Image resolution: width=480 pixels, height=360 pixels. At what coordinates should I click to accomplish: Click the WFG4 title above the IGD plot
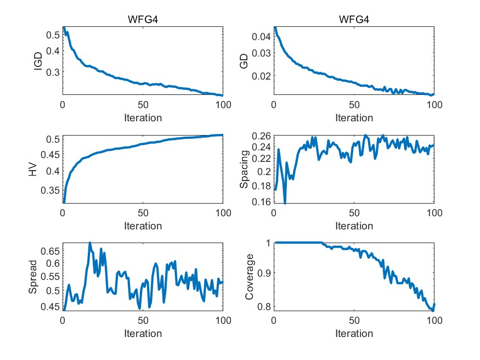pos(143,21)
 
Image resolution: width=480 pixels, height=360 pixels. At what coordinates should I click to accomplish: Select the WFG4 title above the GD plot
pos(354,21)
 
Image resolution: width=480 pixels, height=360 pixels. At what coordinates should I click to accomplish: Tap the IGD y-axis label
pos(38,61)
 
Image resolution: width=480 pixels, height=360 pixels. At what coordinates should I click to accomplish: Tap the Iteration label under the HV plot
pos(143,226)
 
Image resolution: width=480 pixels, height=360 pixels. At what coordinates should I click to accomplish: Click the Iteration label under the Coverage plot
pos(354,333)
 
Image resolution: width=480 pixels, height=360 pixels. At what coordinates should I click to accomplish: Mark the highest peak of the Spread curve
pos(90,243)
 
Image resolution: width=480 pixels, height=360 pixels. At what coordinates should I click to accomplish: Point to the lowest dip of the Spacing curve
pos(285,203)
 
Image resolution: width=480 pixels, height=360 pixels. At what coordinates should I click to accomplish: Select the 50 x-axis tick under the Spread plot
pos(143,321)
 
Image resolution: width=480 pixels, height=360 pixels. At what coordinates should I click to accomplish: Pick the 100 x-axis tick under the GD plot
pos(434,105)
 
